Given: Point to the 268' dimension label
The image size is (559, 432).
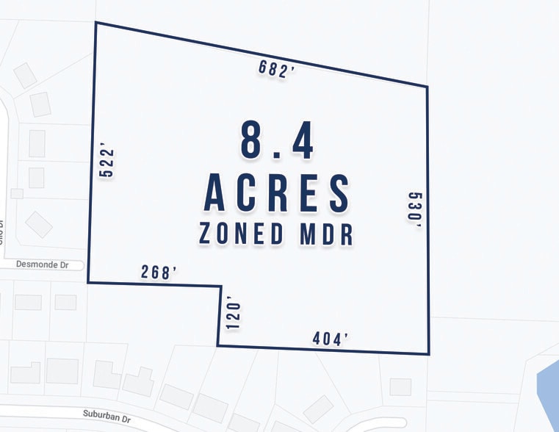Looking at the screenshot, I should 160,272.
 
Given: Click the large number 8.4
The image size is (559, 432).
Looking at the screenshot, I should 277,141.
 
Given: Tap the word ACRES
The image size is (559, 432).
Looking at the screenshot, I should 277,192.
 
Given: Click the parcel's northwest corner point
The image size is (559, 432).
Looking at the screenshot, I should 95,23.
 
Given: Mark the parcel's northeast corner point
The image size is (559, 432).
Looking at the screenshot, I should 428,87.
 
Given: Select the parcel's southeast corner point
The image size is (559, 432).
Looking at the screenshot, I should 429,354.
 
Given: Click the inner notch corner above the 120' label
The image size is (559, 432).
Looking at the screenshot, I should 221,287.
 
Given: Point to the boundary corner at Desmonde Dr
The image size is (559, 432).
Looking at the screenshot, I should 88,282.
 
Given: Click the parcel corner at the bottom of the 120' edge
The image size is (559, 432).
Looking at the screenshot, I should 217,345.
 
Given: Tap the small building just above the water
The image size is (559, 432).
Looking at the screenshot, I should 400,386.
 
